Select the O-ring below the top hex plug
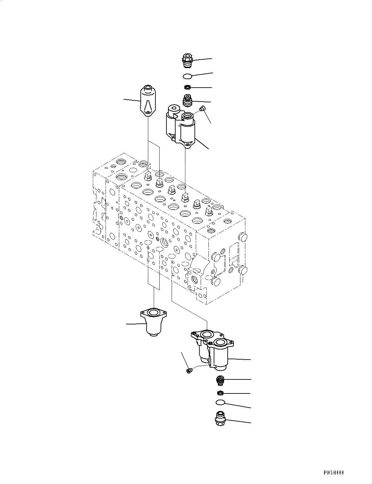(x=187, y=76)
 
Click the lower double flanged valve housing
(x=213, y=349)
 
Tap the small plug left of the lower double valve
(x=189, y=370)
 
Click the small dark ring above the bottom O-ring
(x=221, y=392)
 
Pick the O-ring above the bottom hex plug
(x=221, y=403)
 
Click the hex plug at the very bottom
(x=221, y=418)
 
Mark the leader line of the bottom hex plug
(x=239, y=421)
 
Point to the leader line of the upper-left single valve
(x=132, y=100)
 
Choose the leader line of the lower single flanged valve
(x=135, y=324)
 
